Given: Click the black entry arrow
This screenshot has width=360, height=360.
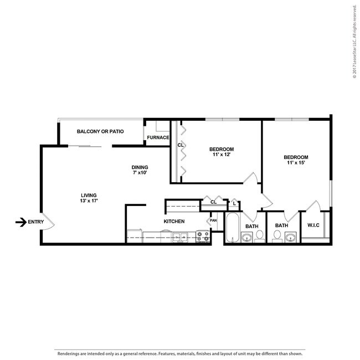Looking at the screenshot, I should pos(20,222).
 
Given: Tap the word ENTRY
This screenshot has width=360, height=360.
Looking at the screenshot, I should pos(35,222).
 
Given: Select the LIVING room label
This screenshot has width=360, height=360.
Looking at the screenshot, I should pos(89,195).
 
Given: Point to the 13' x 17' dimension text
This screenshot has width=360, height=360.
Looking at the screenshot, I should pos(89,201).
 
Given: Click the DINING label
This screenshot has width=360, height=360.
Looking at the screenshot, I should pos(140,168).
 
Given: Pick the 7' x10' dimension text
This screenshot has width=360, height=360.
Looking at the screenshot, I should pos(140,174).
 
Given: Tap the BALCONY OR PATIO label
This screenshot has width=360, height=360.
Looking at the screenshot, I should pos(100,132).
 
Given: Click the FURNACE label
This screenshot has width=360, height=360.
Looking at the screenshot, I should pos(158,138).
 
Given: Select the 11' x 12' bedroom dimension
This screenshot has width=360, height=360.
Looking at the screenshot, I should pos(221,155).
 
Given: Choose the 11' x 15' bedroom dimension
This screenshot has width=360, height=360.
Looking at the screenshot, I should pos(296,163).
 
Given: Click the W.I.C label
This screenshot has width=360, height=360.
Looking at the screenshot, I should pos(313,225).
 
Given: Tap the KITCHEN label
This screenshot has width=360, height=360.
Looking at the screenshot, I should pos(173,222).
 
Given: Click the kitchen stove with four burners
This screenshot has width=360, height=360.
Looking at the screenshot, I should pos(203,236).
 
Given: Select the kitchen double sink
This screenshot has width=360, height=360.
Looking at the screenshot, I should pos(179,238).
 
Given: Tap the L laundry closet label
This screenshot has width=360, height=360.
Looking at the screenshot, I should pos(235,203).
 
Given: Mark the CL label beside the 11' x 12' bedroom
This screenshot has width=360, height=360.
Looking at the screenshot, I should pos(180,145).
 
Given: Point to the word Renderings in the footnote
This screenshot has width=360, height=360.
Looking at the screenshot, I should pos(66,353).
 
